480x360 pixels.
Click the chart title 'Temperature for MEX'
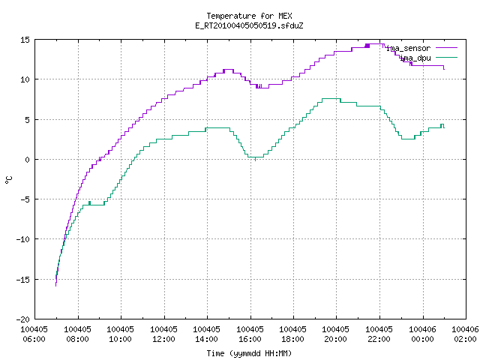(249, 16)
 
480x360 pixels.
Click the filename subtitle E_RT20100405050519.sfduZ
(249, 25)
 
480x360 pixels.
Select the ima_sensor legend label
(408, 48)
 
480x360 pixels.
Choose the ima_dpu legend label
(415, 58)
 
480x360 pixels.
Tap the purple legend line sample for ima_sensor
(447, 48)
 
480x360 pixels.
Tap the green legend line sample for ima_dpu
(447, 58)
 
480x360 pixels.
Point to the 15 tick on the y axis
(25, 40)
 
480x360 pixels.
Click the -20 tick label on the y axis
(23, 319)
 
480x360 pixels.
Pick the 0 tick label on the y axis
(28, 160)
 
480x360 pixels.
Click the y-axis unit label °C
(8, 180)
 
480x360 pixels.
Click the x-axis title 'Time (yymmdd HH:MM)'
(249, 353)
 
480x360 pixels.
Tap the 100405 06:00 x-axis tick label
(34, 334)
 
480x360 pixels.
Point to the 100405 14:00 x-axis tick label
(207, 334)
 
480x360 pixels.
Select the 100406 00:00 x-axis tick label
(422, 334)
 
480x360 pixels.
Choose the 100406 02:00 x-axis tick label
(465, 334)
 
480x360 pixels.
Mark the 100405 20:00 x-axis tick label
(336, 334)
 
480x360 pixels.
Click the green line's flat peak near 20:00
(331, 98)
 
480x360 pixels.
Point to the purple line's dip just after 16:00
(262, 88)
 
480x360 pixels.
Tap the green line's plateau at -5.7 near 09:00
(93, 205)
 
